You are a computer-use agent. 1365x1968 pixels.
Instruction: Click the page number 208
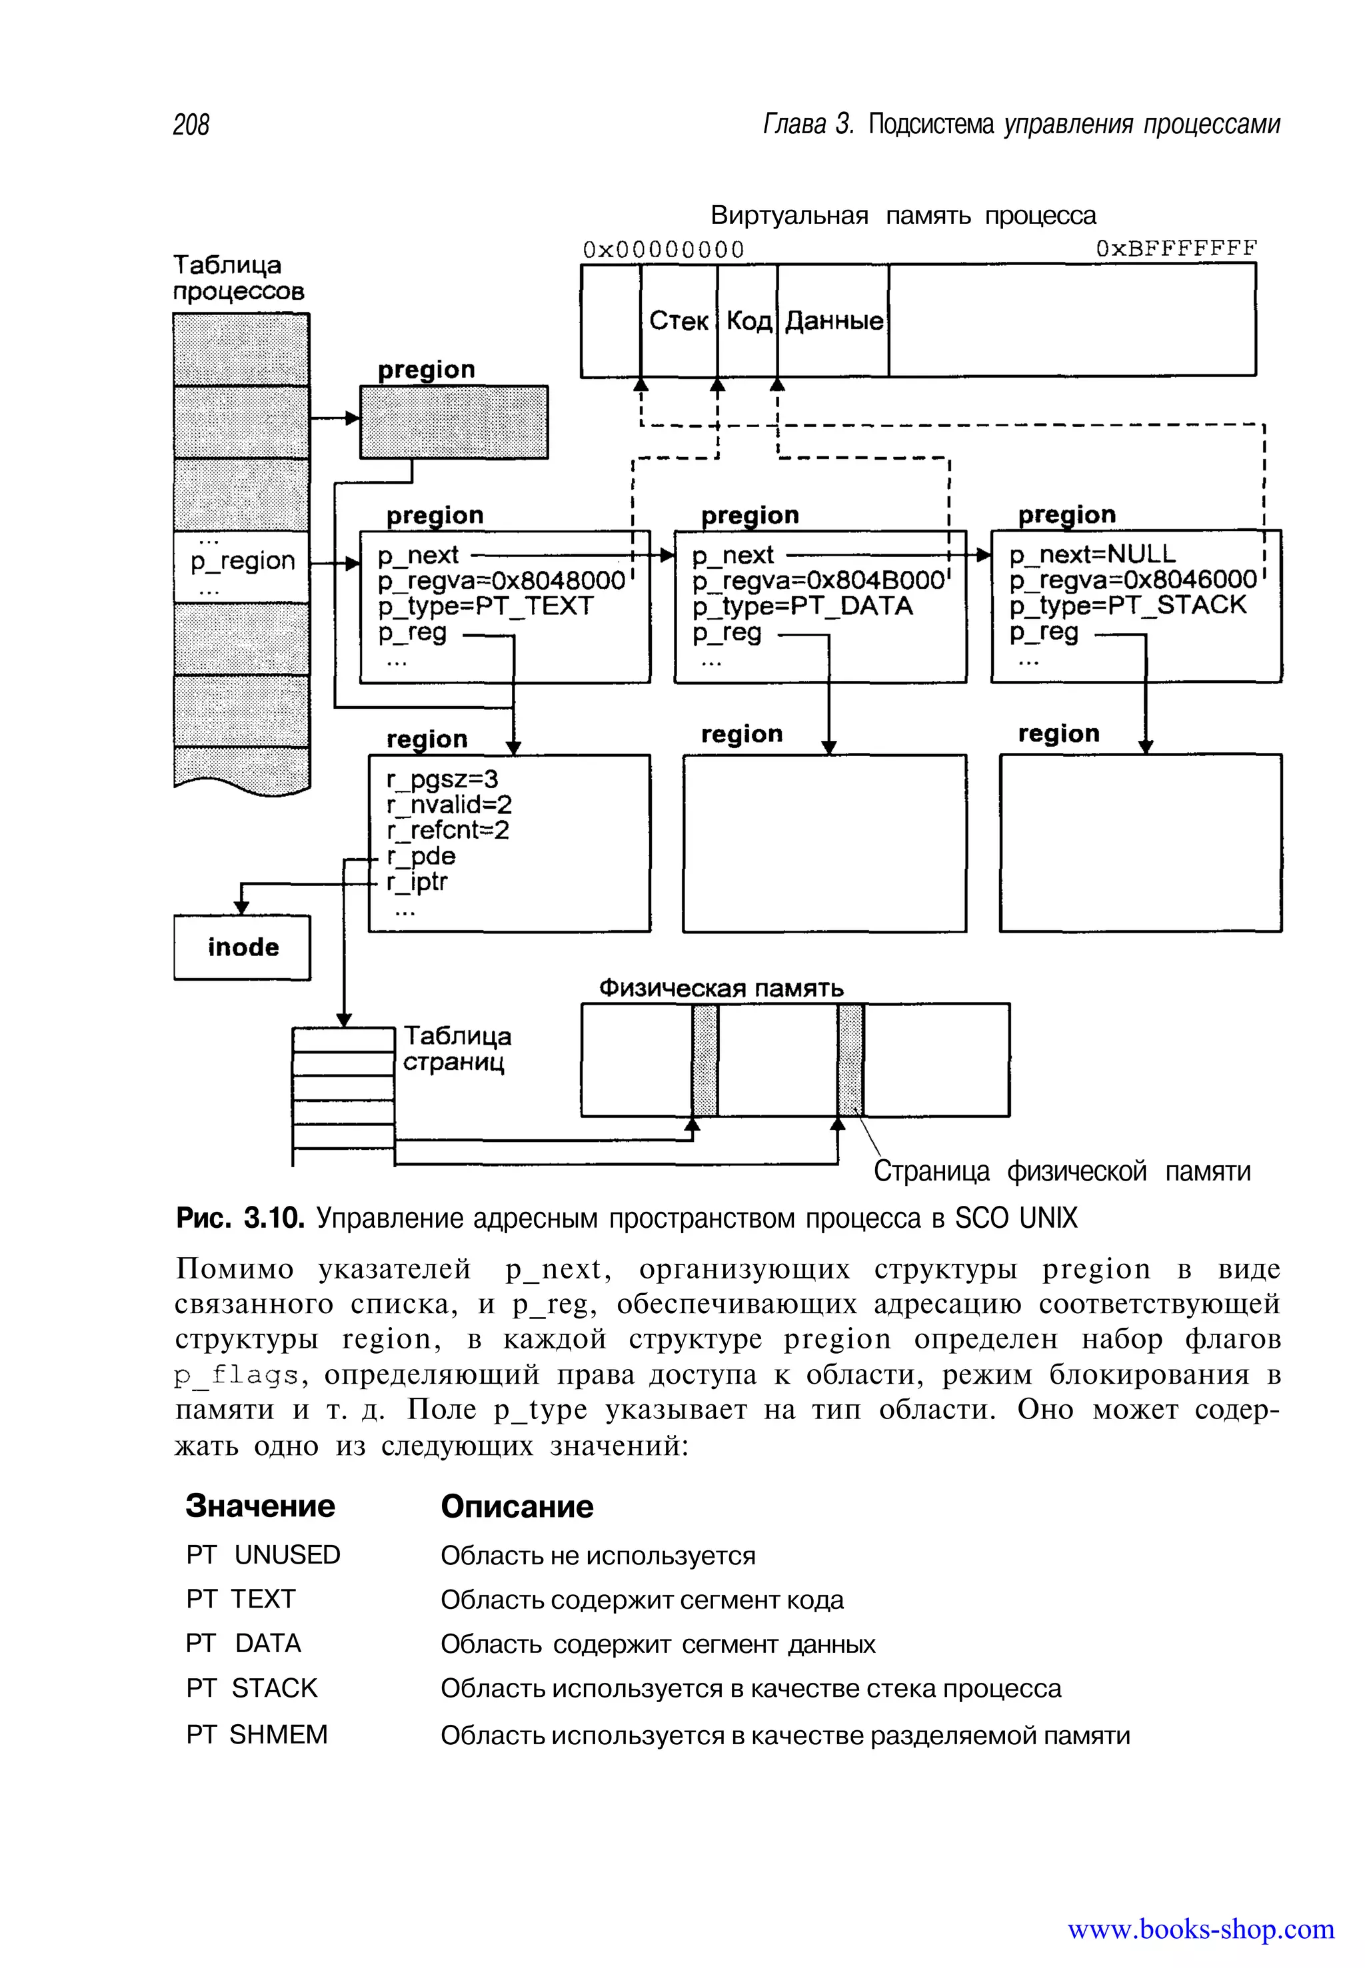point(191,125)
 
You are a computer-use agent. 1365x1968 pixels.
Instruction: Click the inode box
point(242,947)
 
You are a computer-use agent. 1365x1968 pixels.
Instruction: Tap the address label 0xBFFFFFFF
point(1176,248)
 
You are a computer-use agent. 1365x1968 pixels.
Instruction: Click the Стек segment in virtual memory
point(679,320)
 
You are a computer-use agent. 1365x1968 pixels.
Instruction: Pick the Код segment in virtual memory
point(748,320)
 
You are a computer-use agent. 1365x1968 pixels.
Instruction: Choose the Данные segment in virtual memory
point(834,320)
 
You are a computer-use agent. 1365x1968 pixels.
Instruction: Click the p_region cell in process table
point(242,562)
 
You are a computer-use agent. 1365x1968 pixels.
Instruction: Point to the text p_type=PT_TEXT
point(485,606)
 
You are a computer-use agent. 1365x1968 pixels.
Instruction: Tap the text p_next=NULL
point(1092,554)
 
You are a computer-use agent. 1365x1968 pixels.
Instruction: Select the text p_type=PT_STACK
point(1127,606)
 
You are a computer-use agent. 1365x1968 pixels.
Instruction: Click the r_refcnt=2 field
point(447,830)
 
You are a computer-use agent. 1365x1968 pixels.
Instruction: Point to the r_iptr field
point(417,881)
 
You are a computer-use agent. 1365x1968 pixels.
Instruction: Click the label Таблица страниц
point(457,1049)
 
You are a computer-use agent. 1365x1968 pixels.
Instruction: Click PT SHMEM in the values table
point(257,1735)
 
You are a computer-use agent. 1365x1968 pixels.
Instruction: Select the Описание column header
point(517,1506)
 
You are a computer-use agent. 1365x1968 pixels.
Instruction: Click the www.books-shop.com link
point(1201,1929)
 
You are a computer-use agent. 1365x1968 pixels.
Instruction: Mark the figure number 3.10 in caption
point(274,1217)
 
